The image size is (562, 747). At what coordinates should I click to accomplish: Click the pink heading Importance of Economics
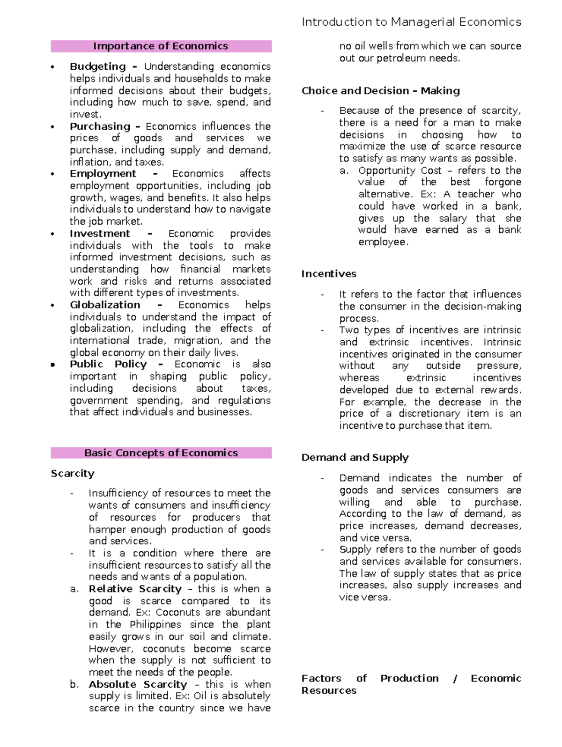[161, 46]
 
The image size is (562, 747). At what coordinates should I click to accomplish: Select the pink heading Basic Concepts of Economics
[161, 453]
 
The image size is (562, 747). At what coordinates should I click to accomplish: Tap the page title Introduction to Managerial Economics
[411, 22]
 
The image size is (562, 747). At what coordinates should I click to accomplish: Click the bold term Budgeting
[97, 66]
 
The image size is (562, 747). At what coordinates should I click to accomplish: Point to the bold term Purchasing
[100, 126]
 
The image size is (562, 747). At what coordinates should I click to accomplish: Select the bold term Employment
[103, 174]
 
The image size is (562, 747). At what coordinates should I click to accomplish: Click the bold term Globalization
[105, 305]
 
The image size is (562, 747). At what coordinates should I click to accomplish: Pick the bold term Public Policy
[108, 364]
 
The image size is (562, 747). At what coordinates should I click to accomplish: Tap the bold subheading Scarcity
[73, 473]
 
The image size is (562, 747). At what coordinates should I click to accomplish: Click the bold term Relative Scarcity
[135, 589]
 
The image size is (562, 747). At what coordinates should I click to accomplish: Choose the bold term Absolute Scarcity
[138, 684]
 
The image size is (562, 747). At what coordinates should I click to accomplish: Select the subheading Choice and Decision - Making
[380, 91]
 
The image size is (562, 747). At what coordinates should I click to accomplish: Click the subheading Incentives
[329, 274]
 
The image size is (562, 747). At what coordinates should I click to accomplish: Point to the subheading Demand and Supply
[355, 457]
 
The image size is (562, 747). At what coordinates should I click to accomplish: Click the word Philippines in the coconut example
[155, 624]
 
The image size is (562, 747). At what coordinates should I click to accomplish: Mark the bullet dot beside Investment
[53, 234]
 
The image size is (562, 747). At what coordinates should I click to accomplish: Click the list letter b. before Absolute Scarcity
[74, 684]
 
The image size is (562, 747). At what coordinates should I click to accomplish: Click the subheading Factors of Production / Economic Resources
[411, 684]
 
